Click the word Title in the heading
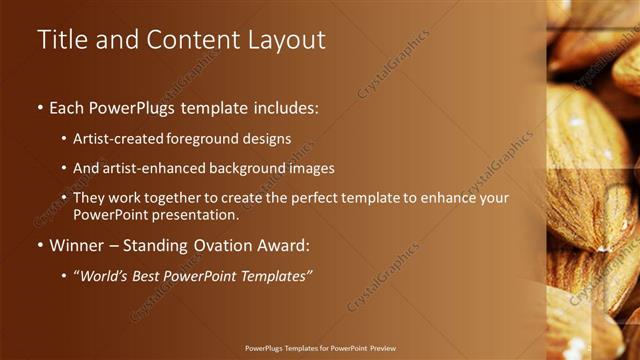63,39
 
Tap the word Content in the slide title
189,39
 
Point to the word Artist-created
113,138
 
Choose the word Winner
78,245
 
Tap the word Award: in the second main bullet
291,245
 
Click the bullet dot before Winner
40,245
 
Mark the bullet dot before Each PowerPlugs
40,106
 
